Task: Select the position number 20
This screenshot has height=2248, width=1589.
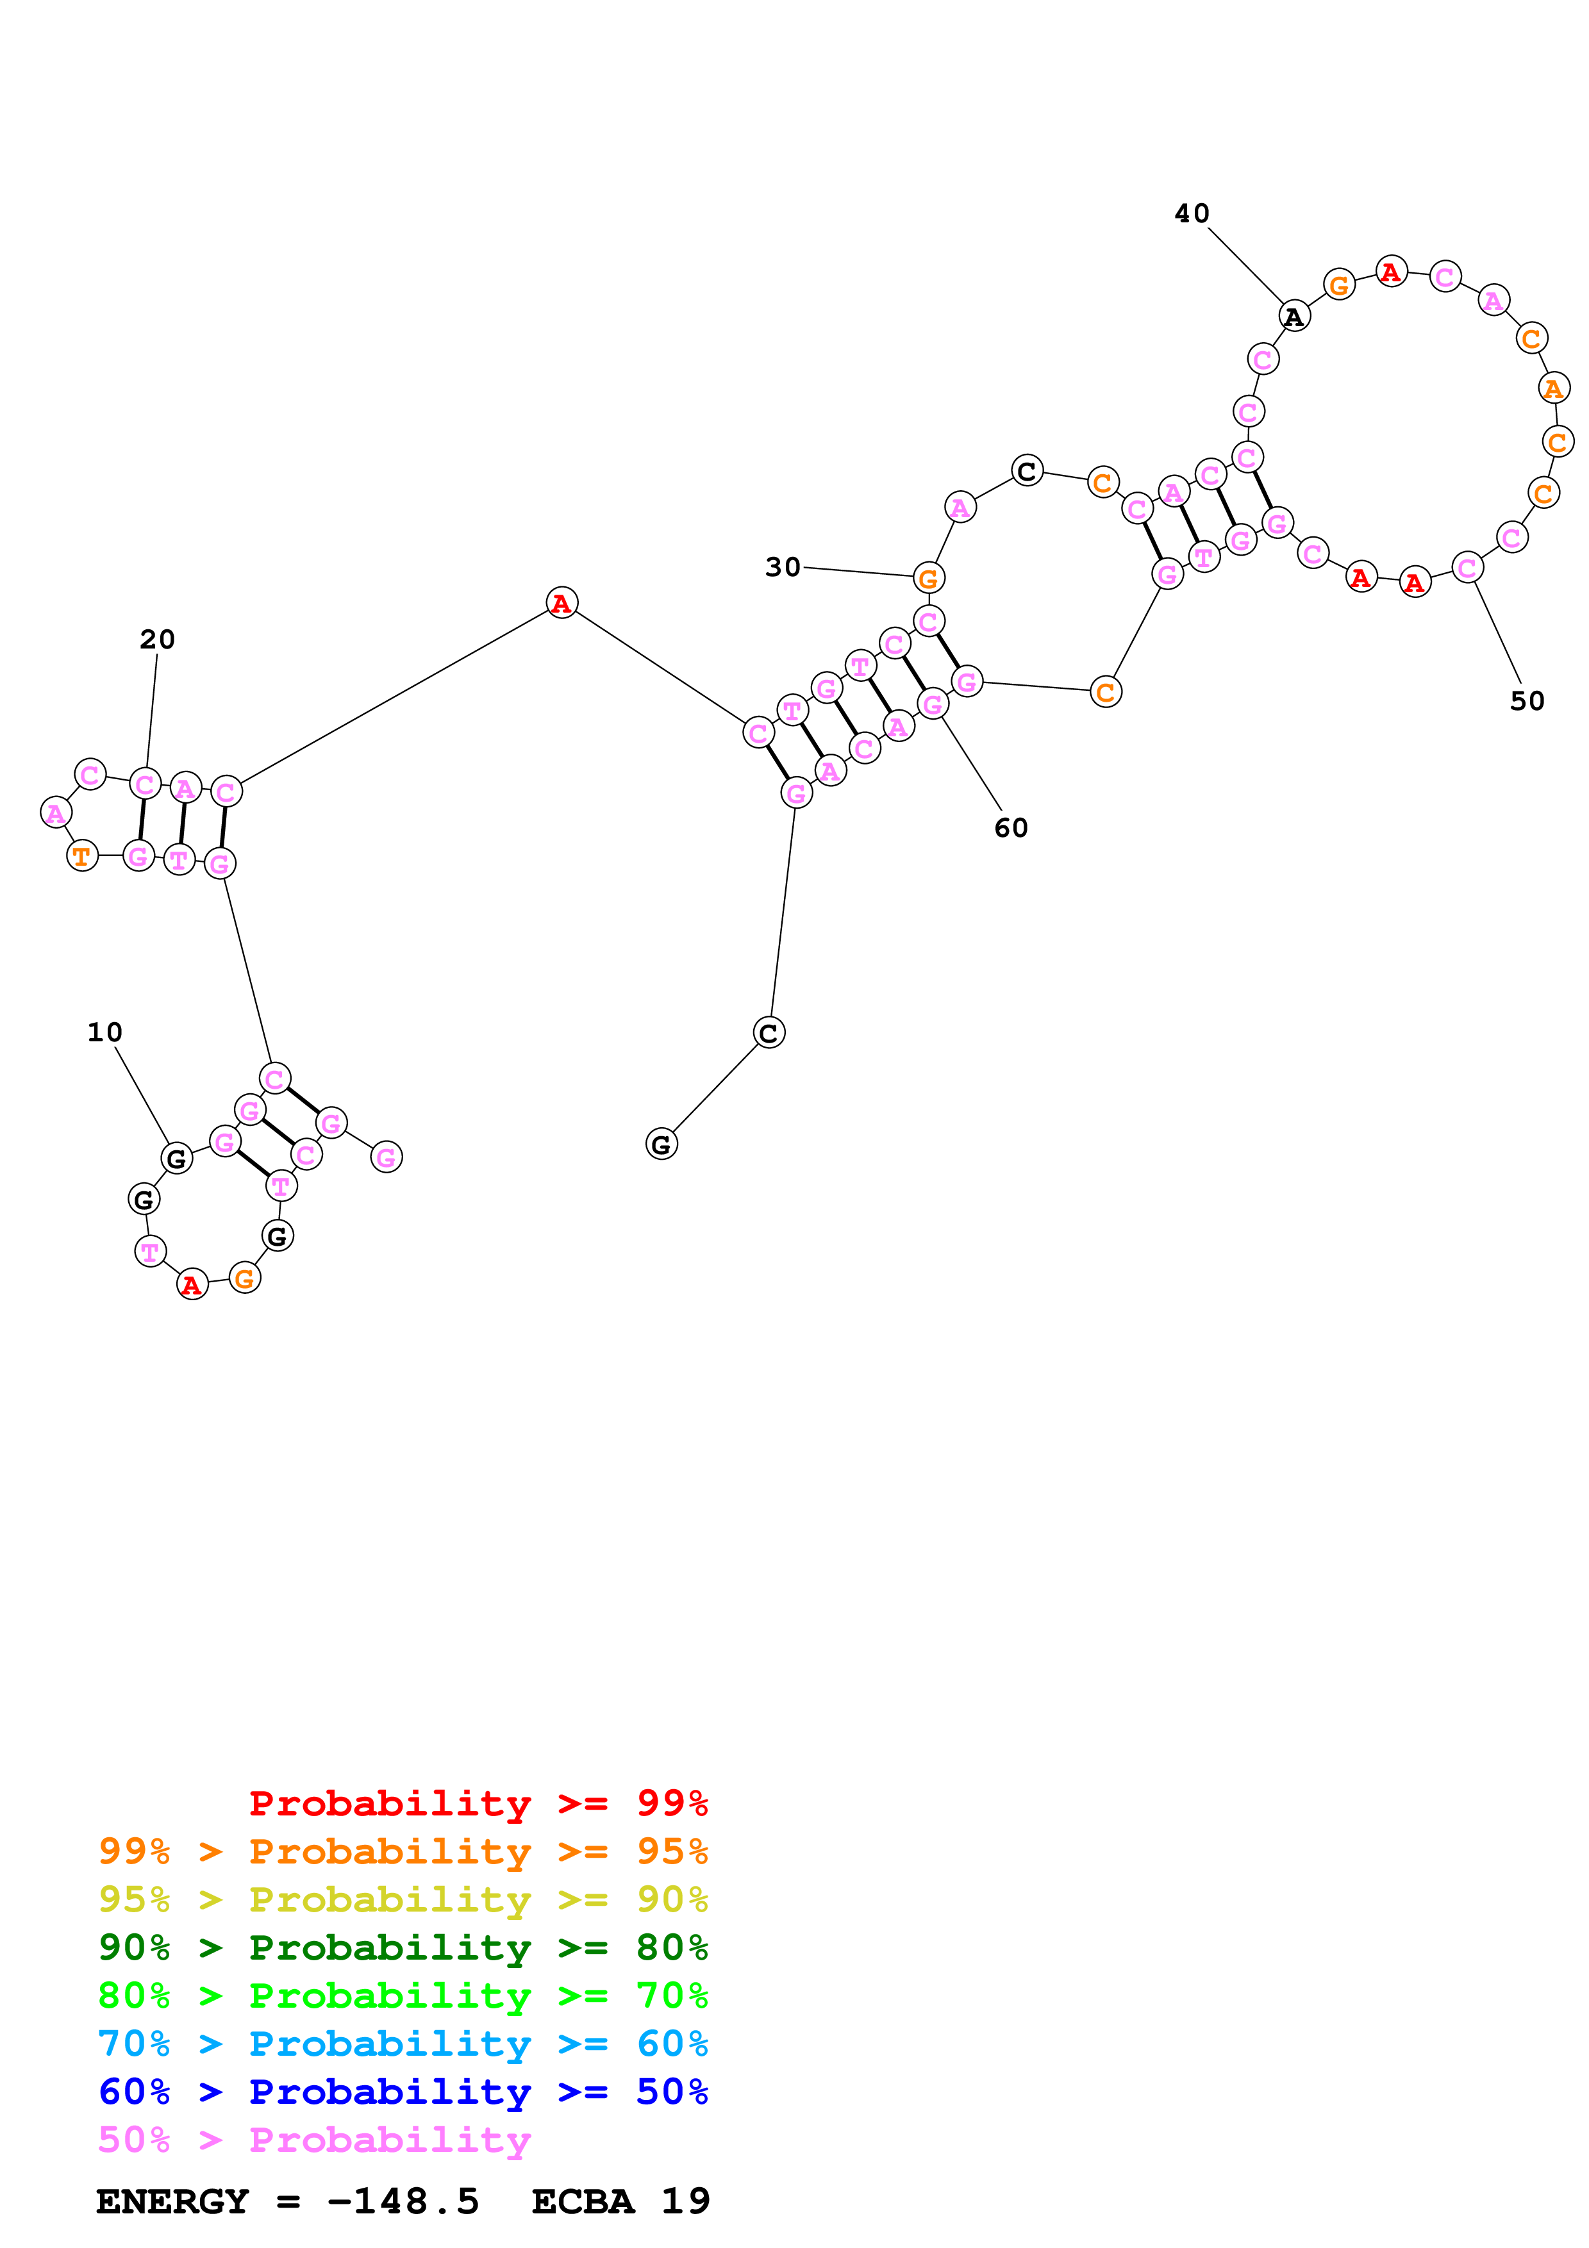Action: (156, 640)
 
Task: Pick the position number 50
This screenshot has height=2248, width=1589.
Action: (1526, 701)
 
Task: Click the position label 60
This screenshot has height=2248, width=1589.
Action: (1010, 829)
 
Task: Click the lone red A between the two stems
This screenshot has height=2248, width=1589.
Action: (561, 603)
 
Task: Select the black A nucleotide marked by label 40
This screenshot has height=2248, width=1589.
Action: (1294, 317)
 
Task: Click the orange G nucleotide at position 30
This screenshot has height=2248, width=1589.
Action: (927, 579)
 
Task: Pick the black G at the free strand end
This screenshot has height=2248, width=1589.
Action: (661, 1144)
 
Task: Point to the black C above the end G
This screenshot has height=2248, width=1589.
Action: (769, 1033)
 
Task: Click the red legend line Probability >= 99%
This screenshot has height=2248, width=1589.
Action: (478, 1803)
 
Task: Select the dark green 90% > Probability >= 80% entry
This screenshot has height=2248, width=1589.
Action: (403, 1947)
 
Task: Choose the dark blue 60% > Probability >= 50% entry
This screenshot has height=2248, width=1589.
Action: (403, 2092)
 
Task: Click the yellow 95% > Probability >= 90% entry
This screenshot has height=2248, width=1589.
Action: (403, 1899)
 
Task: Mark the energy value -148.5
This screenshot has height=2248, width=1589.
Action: (403, 2201)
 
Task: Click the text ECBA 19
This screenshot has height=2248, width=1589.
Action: (620, 2201)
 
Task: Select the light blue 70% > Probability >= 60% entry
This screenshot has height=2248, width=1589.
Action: (403, 2044)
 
